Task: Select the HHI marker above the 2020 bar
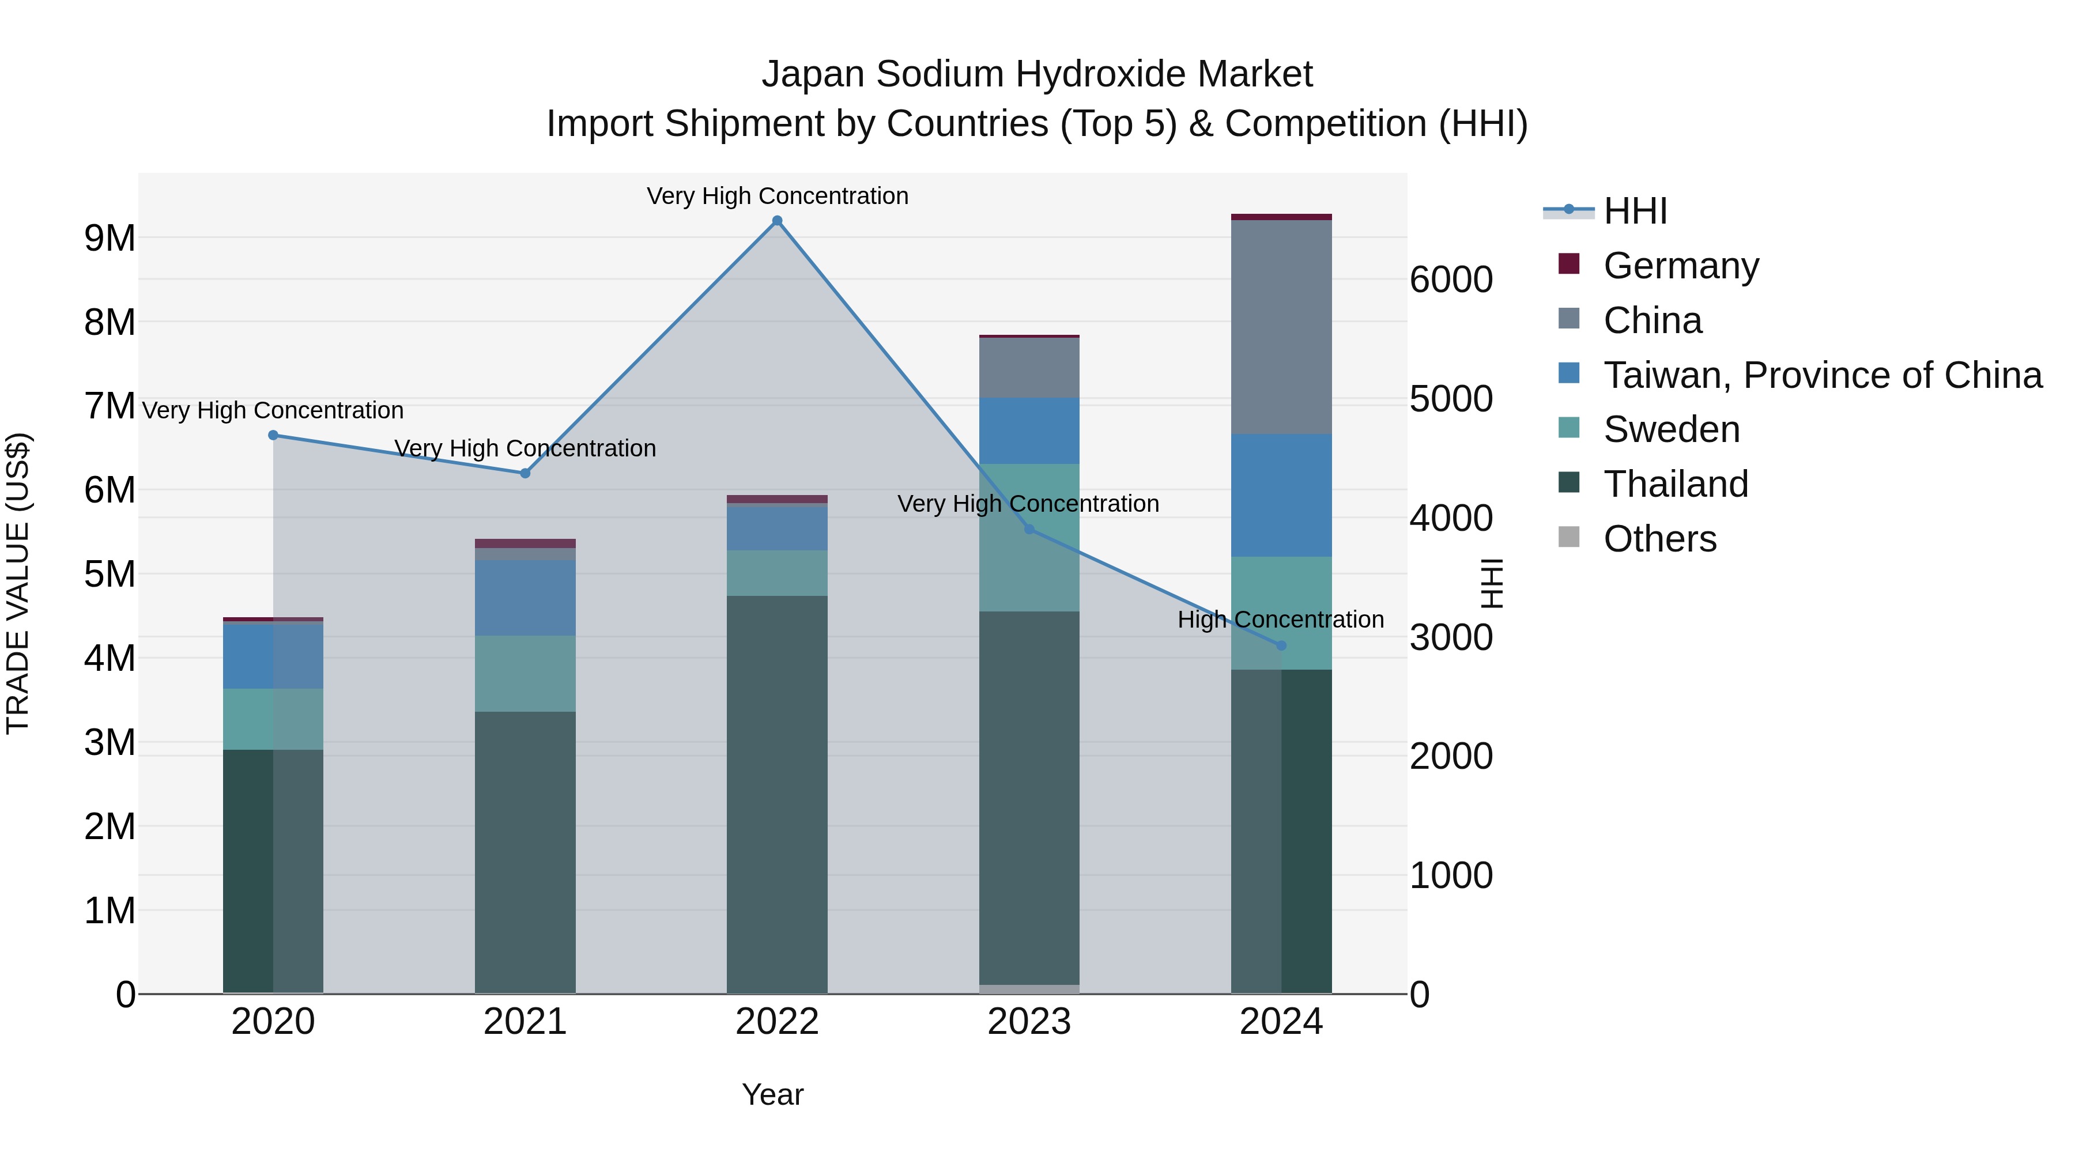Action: pos(273,435)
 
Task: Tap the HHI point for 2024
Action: pos(1281,645)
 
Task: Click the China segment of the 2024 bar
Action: pos(1281,326)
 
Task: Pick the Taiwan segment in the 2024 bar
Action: pos(1281,494)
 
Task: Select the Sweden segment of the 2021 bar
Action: pos(525,673)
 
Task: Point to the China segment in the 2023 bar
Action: pos(1029,367)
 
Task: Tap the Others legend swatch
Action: pos(1568,537)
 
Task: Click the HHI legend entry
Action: pos(1635,211)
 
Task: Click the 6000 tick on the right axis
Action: pos(1451,280)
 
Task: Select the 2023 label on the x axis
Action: pos(1029,1022)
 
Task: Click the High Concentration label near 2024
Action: pos(1280,620)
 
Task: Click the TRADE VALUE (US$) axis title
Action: pos(18,583)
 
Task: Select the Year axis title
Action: pos(772,1094)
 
